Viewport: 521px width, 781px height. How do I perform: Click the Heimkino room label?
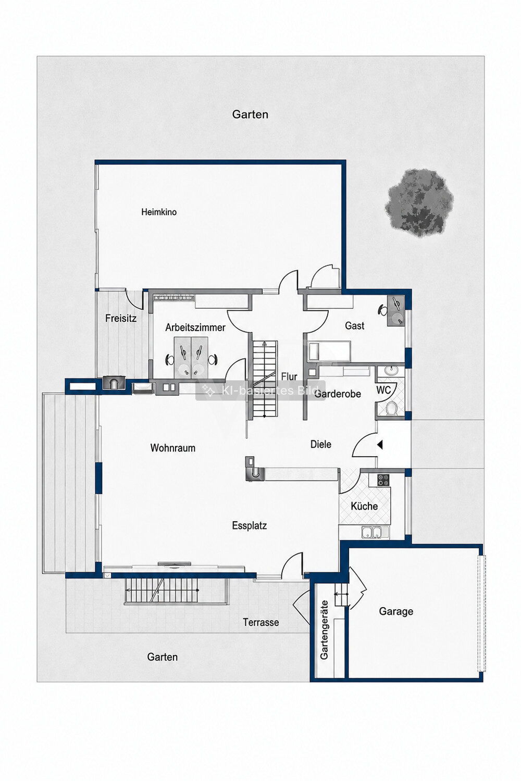159,211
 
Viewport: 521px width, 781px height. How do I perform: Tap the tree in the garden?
419,203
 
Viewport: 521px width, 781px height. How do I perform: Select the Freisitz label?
121,318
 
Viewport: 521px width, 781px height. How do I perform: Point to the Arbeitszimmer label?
195,327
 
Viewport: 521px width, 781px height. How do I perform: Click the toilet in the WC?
393,408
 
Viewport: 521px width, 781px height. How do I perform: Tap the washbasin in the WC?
390,370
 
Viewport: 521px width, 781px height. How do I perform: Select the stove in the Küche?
383,480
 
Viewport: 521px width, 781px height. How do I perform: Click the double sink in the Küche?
372,532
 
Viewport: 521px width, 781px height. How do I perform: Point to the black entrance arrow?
380,445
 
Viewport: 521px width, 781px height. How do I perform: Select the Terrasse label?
260,622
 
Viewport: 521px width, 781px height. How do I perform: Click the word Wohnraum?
173,448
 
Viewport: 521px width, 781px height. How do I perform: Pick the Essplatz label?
250,525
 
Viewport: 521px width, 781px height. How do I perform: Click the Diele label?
321,444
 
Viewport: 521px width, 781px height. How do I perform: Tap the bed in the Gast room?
329,350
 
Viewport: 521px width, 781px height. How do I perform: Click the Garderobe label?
338,394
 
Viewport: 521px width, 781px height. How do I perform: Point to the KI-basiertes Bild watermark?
260,391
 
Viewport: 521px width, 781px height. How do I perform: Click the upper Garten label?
250,115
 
